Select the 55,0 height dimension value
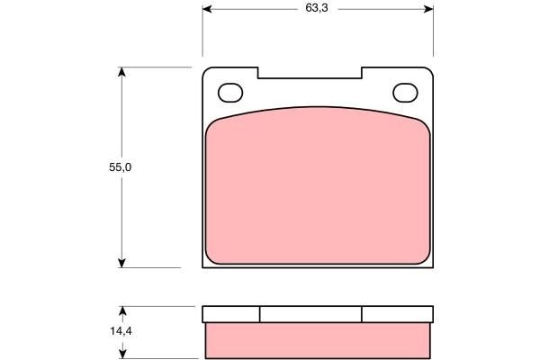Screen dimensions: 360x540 pos(109,167)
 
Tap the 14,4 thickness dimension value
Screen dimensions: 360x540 pos(109,331)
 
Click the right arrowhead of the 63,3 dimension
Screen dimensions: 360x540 pos(429,9)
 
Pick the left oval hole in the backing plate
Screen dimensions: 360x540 pos(231,93)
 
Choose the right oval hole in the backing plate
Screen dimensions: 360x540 pos(406,93)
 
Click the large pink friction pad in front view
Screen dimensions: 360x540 pos(318,189)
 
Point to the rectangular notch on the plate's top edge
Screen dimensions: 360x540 pos(310,72)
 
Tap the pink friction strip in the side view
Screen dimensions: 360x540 pos(319,339)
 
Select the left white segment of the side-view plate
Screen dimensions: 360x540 pos(231,314)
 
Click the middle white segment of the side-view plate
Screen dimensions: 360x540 pos(310,314)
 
